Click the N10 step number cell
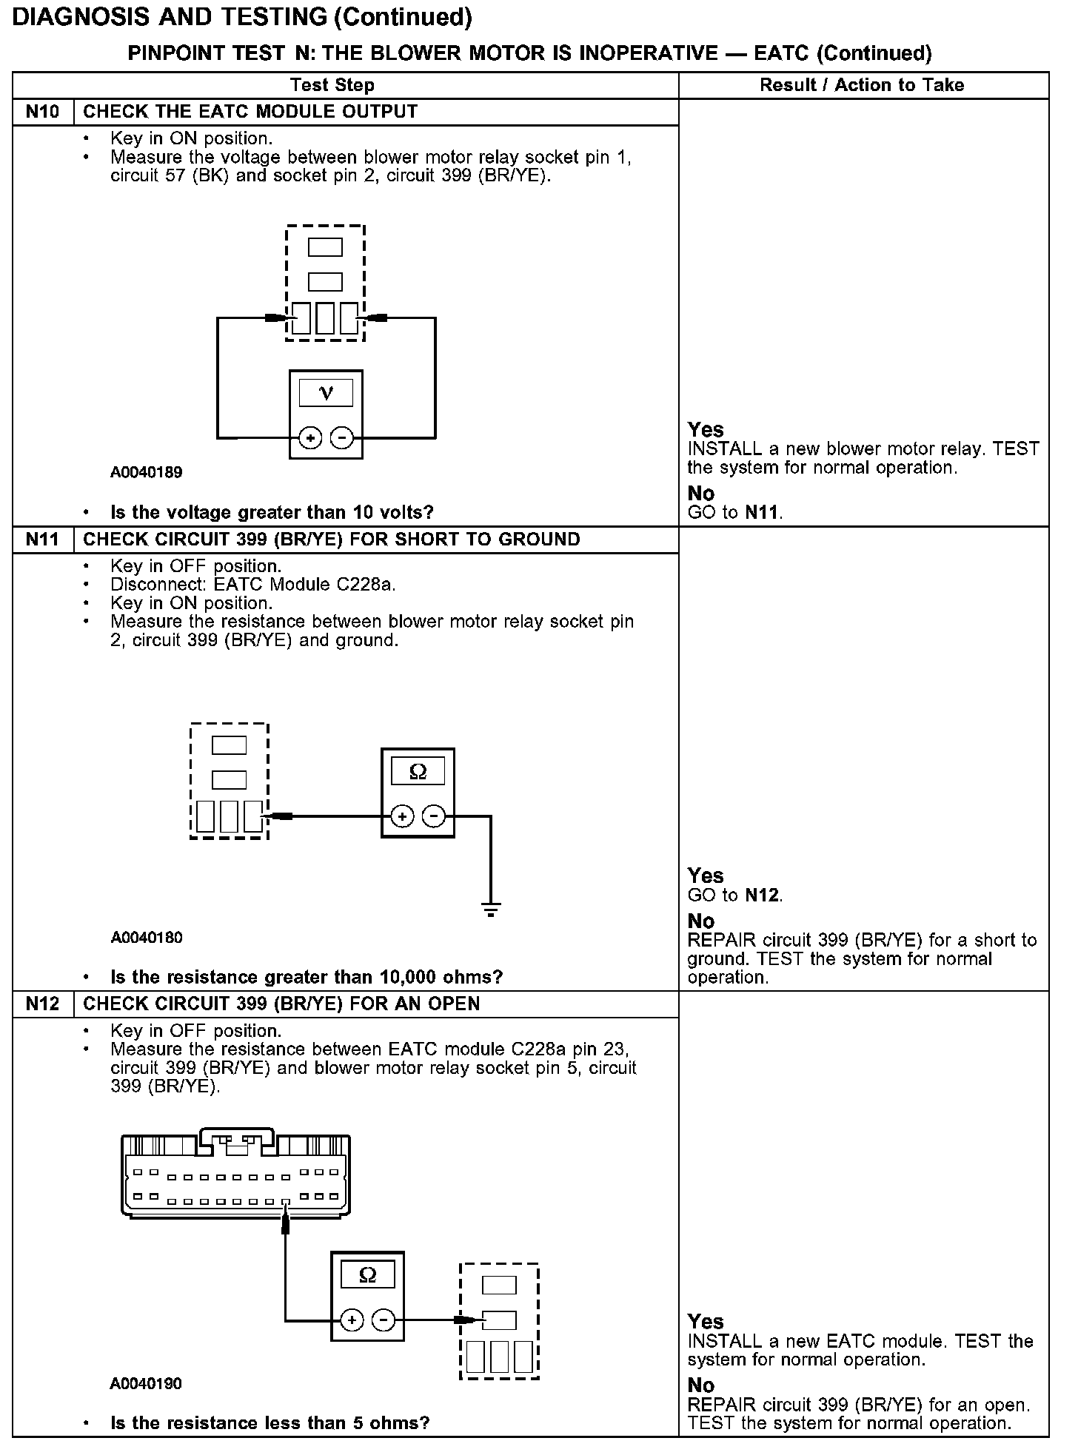[44, 112]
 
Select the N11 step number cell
[44, 540]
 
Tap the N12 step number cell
[44, 1004]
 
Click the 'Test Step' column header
[332, 85]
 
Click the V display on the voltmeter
[326, 393]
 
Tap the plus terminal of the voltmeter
[310, 438]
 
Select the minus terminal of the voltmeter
[341, 438]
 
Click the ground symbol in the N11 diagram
[490, 909]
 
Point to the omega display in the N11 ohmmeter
[418, 772]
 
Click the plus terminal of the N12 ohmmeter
[352, 1320]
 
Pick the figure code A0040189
[147, 472]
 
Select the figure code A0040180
[147, 938]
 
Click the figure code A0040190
[147, 1384]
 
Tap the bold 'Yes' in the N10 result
[706, 430]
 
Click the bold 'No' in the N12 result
[701, 1385]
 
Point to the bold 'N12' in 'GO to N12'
[762, 895]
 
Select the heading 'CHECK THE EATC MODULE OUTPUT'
[250, 112]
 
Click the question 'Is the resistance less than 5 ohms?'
[270, 1423]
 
